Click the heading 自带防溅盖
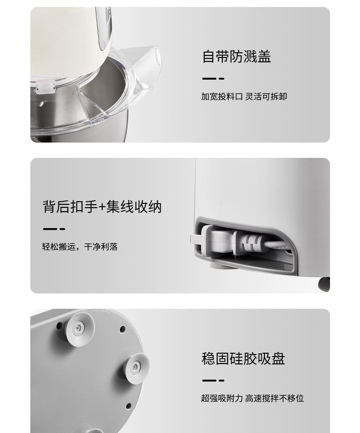pyautogui.click(x=237, y=56)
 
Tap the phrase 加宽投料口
pyautogui.click(x=222, y=97)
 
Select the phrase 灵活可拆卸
pyautogui.click(x=266, y=97)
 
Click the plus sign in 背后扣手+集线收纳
pyautogui.click(x=102, y=207)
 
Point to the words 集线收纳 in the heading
pyautogui.click(x=134, y=207)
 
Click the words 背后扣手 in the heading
pyautogui.click(x=70, y=207)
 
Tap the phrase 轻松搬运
pyautogui.click(x=59, y=247)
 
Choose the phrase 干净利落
pyautogui.click(x=101, y=247)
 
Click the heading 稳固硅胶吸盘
pyautogui.click(x=243, y=358)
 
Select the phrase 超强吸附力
pyautogui.click(x=222, y=398)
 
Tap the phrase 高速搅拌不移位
pyautogui.click(x=275, y=398)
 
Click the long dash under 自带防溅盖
pyautogui.click(x=209, y=79)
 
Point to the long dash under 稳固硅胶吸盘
pyautogui.click(x=209, y=380)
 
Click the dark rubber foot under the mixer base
pyautogui.click(x=324, y=284)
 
